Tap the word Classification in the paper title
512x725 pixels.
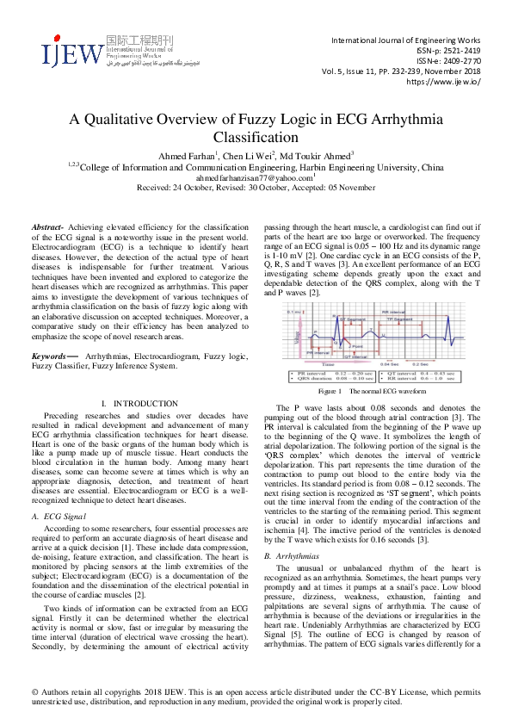tap(256, 137)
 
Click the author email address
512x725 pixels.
tap(254, 177)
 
